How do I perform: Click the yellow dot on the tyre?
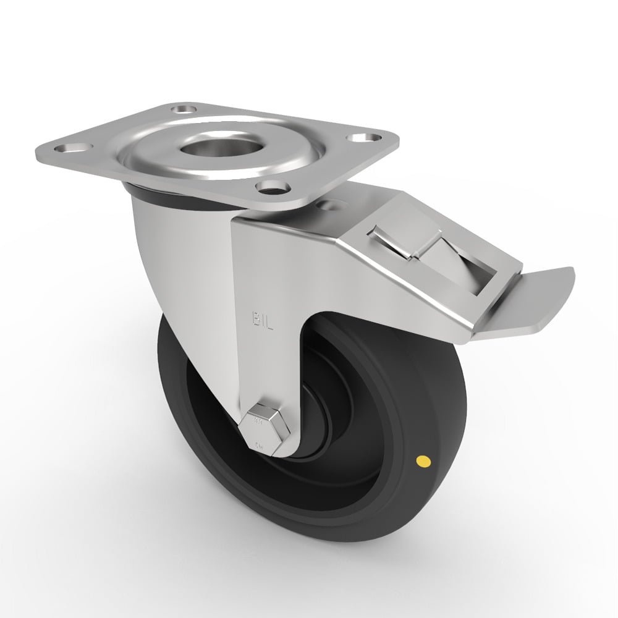pos(424,460)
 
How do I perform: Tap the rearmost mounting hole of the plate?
pos(182,109)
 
